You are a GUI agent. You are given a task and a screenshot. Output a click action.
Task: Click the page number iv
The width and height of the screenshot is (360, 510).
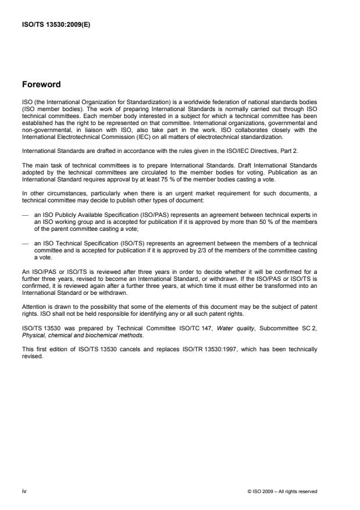pyautogui.click(x=24, y=491)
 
